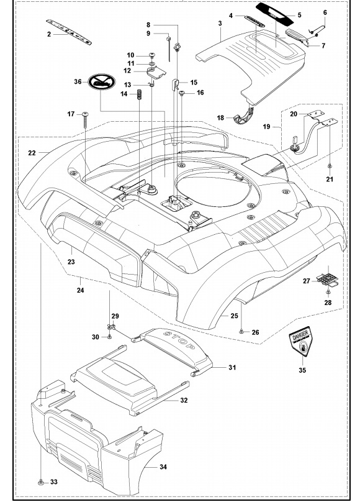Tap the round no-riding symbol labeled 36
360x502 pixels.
click(100, 81)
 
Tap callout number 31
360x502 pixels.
click(232, 368)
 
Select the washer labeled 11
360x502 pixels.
click(151, 63)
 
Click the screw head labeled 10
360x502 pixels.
click(151, 55)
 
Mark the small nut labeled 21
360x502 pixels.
click(330, 167)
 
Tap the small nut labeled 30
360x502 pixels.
click(110, 337)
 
